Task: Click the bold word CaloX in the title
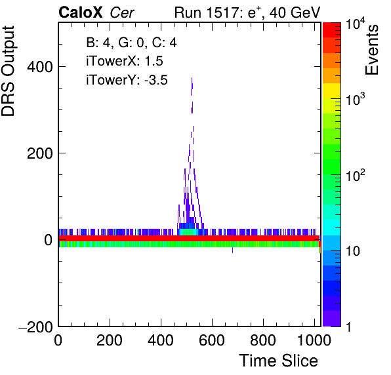81,12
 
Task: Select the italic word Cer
122,12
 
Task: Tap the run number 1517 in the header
223,12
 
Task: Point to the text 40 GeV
295,12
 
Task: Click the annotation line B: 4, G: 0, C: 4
131,43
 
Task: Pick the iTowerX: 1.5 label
125,61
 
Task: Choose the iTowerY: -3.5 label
127,80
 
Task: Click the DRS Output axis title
8,71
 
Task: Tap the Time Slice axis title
278,361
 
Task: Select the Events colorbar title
371,50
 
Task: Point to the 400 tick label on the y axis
40,67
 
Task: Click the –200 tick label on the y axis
35,326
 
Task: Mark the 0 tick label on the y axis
49,240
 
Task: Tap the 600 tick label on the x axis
212,340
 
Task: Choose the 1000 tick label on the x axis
314,340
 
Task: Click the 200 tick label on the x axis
109,340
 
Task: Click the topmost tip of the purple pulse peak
192,78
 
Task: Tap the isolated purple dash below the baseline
232,250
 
